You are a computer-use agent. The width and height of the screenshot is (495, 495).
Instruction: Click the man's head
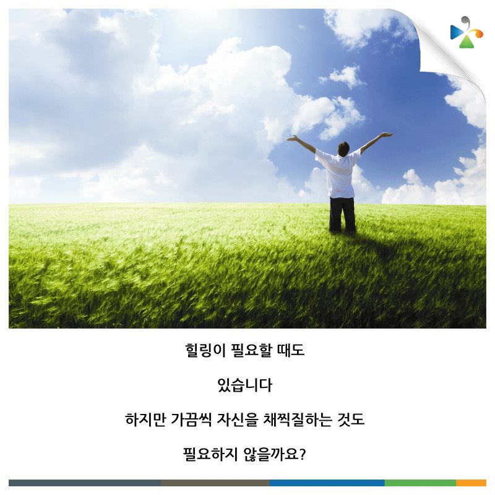343,148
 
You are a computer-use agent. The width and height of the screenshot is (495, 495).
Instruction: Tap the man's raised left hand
292,138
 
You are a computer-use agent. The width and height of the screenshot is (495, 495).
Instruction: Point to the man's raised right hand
387,135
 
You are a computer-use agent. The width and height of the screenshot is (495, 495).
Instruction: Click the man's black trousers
342,214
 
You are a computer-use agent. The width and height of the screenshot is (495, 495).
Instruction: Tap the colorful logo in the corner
467,32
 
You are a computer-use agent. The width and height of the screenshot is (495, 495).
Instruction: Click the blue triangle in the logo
456,32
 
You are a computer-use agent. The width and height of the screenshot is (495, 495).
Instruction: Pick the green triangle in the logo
467,42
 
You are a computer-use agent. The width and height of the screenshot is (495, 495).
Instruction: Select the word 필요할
251,350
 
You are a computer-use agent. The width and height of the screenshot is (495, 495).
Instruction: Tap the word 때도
290,350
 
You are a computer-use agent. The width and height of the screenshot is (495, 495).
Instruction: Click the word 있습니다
244,385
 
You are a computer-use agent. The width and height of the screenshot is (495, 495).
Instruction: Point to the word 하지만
145,420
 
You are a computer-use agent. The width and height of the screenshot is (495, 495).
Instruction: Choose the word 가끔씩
191,420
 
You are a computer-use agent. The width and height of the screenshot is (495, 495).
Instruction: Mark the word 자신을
237,420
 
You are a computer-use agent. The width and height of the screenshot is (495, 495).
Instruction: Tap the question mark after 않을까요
302,454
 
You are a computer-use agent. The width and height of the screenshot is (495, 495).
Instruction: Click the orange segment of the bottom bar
471,483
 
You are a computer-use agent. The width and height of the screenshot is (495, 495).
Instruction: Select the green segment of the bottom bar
420,483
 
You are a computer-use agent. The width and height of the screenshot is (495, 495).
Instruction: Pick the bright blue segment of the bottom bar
327,483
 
